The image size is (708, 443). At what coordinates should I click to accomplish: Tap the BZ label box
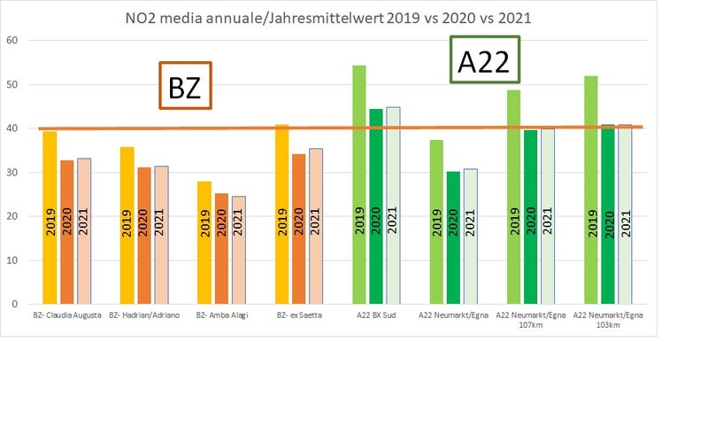coord(185,86)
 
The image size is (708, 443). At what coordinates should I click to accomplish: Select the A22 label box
coord(484,60)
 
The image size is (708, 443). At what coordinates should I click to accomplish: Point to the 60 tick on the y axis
coord(12,41)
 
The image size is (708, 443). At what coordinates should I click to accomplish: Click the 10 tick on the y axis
coord(12,260)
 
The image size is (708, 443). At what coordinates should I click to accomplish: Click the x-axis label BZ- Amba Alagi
coord(222,315)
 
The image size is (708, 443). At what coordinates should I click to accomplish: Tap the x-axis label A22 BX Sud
coord(376,315)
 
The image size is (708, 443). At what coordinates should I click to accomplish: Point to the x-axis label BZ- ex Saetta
coord(299,315)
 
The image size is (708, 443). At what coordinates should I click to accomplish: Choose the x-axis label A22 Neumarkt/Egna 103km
coord(608,320)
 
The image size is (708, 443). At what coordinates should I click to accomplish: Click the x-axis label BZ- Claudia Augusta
coord(66,315)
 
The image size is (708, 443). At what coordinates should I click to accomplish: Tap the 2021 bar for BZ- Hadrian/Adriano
coord(161,235)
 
